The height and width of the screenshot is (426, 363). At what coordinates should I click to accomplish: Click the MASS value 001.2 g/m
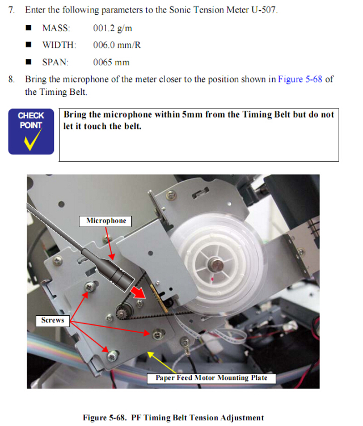click(113, 28)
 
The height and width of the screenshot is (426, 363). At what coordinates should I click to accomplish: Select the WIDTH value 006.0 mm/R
click(117, 45)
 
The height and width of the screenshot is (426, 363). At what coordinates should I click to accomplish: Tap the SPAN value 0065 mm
click(111, 62)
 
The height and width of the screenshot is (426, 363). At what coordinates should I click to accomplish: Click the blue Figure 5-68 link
click(300, 79)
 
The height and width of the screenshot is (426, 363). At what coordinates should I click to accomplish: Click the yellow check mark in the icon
click(33, 139)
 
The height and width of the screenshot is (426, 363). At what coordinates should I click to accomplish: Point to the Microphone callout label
click(105, 221)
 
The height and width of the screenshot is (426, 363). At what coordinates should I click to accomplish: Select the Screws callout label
click(53, 320)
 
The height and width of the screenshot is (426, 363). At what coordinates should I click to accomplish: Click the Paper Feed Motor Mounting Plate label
click(212, 378)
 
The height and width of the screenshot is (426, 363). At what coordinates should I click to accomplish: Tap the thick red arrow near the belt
click(138, 293)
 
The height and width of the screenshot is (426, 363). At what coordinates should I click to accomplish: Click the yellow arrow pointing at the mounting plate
click(162, 362)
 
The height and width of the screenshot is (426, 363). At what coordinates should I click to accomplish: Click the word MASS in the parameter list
click(56, 28)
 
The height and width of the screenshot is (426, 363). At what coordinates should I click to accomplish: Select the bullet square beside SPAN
click(28, 62)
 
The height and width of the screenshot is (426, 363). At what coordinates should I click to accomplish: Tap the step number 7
click(11, 10)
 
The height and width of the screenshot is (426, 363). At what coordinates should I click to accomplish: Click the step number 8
click(11, 80)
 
